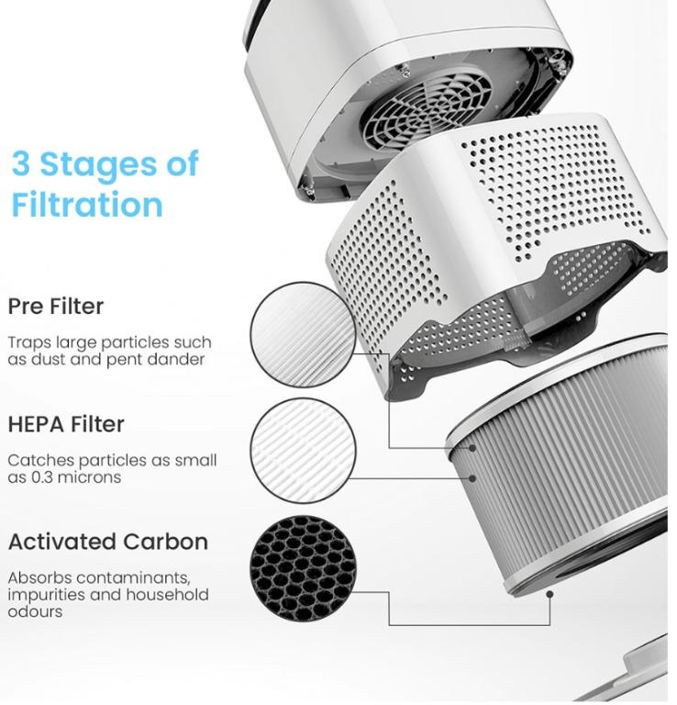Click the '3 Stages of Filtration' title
coord(105,185)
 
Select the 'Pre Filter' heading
coord(56,307)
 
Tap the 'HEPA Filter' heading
coord(66,424)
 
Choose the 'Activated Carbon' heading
coord(108,542)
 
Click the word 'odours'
coord(35,612)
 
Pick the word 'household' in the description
coord(167,595)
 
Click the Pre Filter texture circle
coord(304,335)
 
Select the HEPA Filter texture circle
coord(304,451)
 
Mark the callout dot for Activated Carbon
coord(549,595)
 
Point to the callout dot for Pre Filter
coord(472,448)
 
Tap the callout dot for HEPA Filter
coord(472,478)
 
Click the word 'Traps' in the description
coord(29,343)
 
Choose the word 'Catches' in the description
coord(40,461)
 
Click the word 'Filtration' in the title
coord(87,205)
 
